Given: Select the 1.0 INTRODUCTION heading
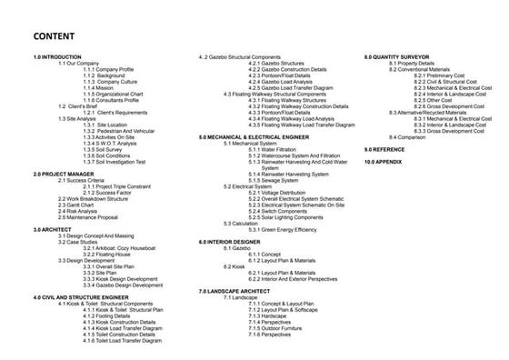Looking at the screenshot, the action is [x=56, y=56].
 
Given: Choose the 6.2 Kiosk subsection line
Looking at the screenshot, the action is [x=224, y=265].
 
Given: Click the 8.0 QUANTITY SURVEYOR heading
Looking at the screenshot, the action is [x=400, y=56].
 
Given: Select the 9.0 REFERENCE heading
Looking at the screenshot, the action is [x=385, y=148].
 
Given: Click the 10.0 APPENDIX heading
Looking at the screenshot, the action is [x=384, y=161].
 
